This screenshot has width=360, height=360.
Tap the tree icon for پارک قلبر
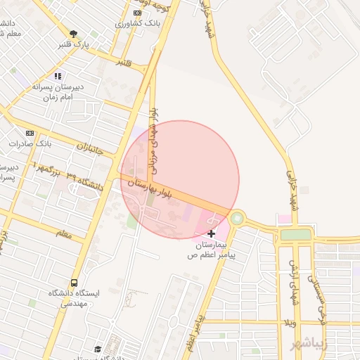point(73,33)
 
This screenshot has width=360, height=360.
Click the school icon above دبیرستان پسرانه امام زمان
point(58,76)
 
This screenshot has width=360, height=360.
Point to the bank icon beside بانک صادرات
point(30,132)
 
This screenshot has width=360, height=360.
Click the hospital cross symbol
point(212,233)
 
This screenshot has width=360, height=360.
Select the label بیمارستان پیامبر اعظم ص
point(212,250)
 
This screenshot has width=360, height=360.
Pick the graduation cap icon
point(98,349)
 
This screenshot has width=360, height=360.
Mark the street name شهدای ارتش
point(293,281)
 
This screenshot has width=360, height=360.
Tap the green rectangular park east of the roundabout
point(295,234)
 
